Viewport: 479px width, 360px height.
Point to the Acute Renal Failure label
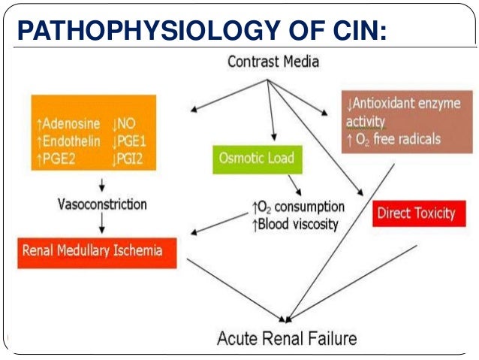coord(287,337)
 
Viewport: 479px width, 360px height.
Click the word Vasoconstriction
coord(102,204)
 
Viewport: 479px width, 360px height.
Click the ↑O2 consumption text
coord(298,207)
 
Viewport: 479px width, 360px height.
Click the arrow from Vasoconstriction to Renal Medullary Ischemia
coord(101,223)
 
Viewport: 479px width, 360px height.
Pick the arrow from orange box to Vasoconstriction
coord(101,184)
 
